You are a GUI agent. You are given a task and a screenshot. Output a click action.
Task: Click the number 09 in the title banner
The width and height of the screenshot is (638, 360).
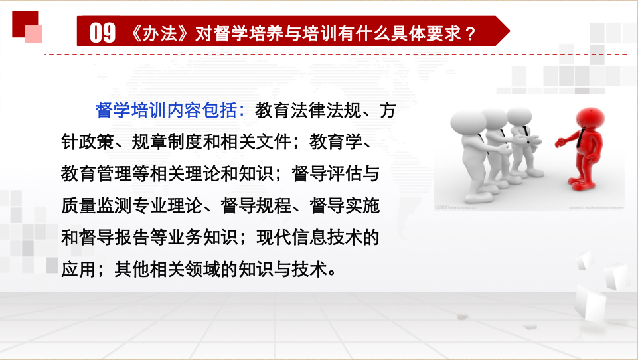[x=102, y=33]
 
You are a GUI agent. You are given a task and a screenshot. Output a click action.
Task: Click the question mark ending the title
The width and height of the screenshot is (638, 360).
[x=471, y=33]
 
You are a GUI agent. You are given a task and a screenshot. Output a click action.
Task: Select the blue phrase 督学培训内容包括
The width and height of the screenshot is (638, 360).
[x=166, y=110]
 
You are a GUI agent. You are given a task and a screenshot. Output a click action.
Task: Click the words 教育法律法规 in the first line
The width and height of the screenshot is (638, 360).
[x=308, y=110]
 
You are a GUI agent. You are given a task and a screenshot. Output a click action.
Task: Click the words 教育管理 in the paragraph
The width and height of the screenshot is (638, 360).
[x=96, y=174]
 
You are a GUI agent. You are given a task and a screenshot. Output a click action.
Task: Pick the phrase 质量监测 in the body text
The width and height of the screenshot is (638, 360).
[x=96, y=205]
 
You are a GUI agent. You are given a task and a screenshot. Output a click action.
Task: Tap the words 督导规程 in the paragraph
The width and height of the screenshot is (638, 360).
[x=256, y=205]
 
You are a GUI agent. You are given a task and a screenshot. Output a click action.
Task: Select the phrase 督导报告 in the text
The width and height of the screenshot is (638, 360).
[x=114, y=237]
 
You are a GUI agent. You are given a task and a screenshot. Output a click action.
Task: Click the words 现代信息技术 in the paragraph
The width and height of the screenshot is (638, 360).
[x=309, y=237]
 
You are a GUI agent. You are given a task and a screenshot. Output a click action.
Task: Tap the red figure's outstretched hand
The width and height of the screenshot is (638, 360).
[x=560, y=143]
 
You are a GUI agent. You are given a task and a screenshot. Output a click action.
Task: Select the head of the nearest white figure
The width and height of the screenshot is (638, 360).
[x=468, y=124]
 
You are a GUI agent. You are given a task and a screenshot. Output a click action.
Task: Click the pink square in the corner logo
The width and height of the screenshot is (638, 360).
[x=34, y=34]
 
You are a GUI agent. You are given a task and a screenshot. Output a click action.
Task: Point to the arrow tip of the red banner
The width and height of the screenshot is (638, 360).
[x=509, y=31]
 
